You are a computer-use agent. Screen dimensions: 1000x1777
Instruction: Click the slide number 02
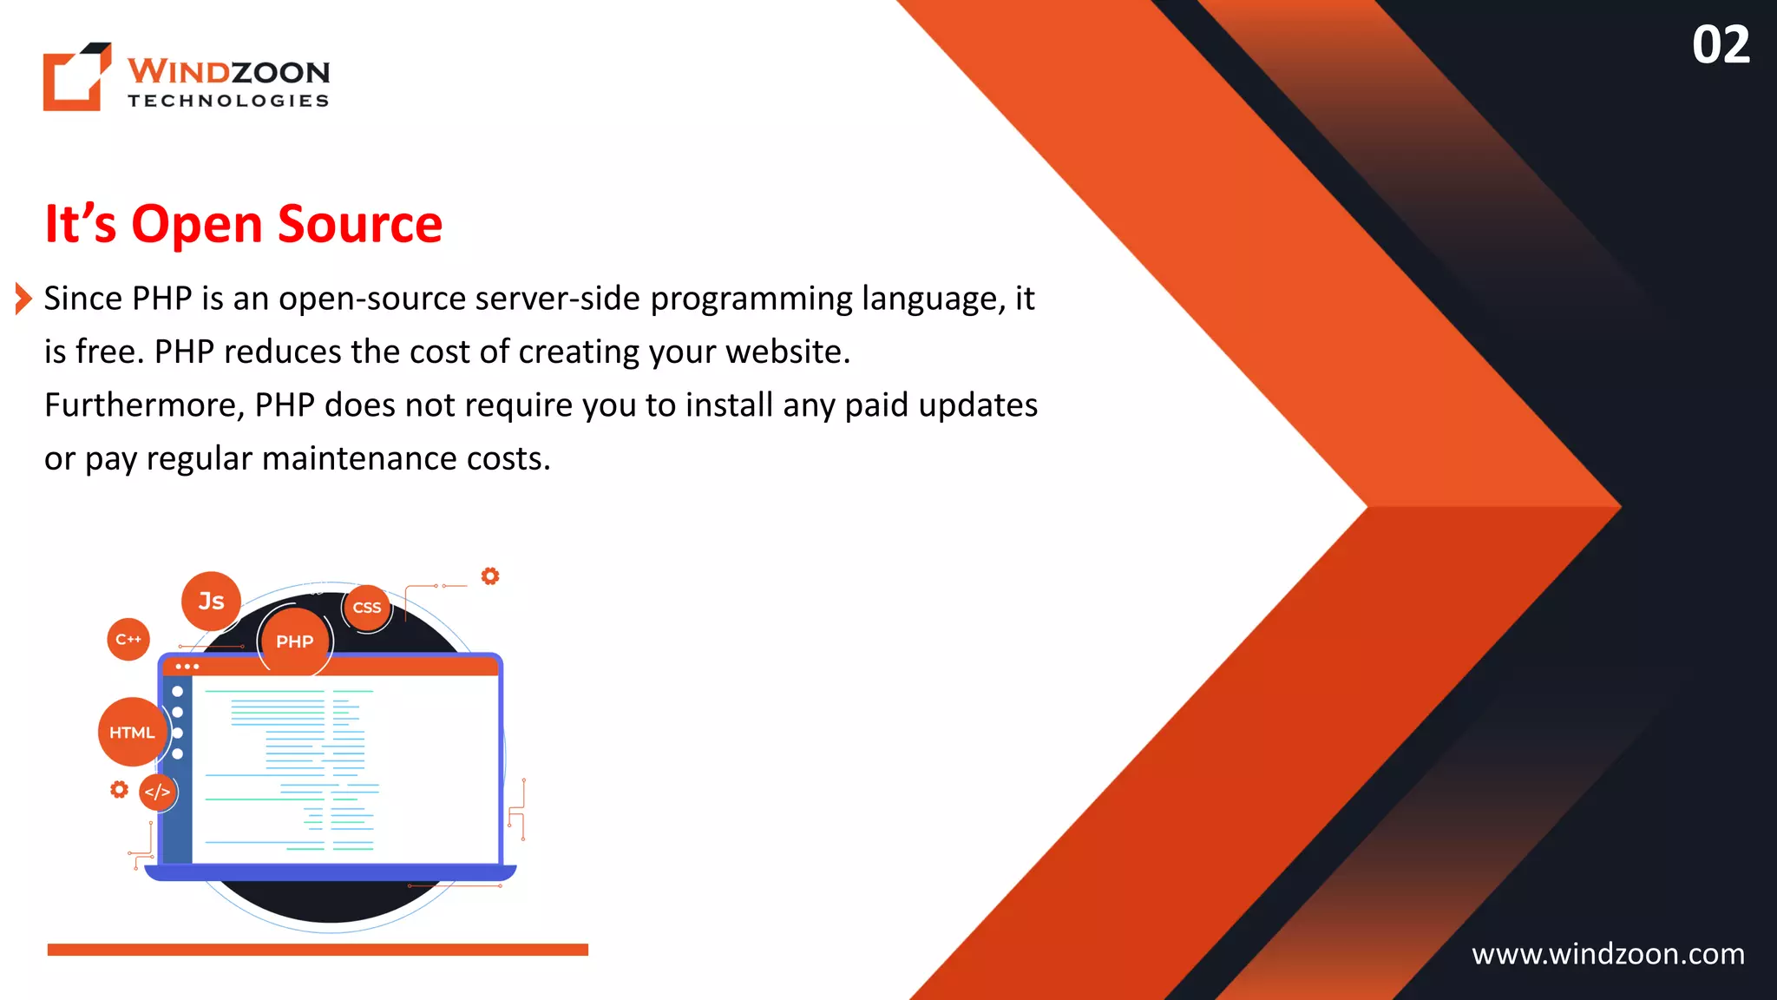(x=1720, y=45)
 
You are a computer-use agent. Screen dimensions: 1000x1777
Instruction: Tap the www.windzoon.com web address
(x=1608, y=954)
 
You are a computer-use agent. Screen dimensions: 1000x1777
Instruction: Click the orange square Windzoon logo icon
(x=76, y=77)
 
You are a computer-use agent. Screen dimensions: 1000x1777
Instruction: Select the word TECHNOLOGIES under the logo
(x=228, y=101)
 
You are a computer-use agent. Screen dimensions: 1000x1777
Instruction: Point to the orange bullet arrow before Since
(x=23, y=299)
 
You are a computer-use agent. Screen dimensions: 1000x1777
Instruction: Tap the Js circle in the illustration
(x=211, y=601)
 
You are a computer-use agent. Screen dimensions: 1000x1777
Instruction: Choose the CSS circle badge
(x=367, y=608)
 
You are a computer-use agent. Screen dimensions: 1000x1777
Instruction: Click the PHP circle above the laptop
(x=295, y=641)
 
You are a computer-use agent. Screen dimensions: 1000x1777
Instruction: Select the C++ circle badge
(x=128, y=640)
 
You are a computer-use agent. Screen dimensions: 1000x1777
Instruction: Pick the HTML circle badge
(x=132, y=733)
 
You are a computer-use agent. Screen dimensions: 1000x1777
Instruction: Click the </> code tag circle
(x=157, y=792)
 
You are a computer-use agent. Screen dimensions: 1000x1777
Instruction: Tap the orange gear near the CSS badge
(x=490, y=576)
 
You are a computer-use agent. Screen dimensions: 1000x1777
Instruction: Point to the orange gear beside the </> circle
(x=119, y=789)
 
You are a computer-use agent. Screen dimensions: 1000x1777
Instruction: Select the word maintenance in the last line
(x=358, y=458)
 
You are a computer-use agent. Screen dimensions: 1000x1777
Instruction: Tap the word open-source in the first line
(x=372, y=299)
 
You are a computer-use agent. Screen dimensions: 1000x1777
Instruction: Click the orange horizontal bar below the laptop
(x=318, y=950)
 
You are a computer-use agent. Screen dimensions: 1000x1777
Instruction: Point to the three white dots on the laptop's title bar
(x=187, y=667)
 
